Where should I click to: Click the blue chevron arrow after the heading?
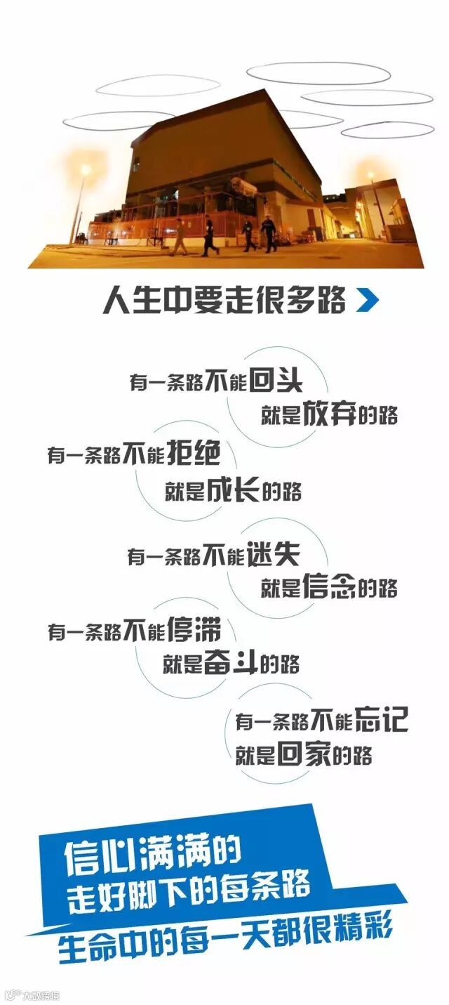click(367, 301)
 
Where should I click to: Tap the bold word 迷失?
click(273, 556)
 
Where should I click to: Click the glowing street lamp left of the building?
click(85, 171)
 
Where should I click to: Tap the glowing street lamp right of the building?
click(371, 176)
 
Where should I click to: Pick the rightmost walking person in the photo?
click(269, 234)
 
